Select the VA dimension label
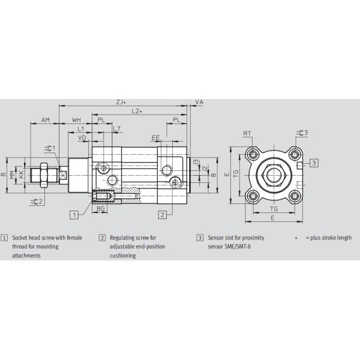(x=199, y=103)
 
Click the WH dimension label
(x=76, y=120)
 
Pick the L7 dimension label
(x=117, y=129)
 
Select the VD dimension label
(x=82, y=138)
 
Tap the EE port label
(x=156, y=138)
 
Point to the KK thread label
(x=21, y=174)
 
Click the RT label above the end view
(x=247, y=133)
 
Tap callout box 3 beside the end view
(x=314, y=162)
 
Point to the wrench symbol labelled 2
(x=37, y=202)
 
